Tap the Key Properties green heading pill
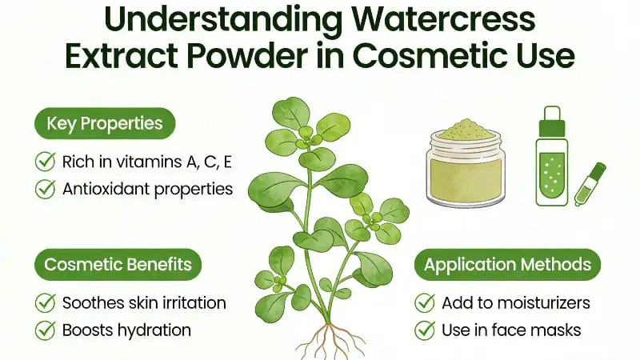tap(105, 124)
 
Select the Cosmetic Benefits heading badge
tap(118, 265)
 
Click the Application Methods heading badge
tap(508, 265)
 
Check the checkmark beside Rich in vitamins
tap(45, 162)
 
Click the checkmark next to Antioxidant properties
tap(45, 190)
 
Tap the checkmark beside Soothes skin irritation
tap(45, 303)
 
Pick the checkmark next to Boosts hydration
tap(45, 330)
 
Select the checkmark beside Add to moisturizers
tap(425, 303)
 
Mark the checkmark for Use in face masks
tap(425, 330)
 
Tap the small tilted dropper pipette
tap(591, 186)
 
